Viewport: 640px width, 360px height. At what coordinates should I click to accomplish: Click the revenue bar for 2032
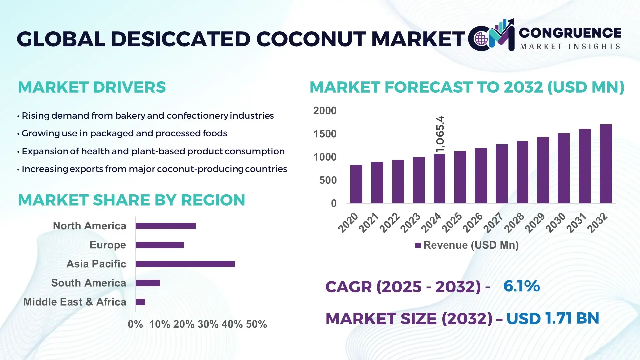(x=605, y=164)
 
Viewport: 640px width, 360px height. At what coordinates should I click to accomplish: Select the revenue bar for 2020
(x=356, y=184)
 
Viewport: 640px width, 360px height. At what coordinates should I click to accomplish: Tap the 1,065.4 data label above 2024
(x=440, y=134)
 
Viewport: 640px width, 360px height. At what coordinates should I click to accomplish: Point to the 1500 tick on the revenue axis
(x=325, y=134)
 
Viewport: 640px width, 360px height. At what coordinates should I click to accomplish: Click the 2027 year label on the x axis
(x=493, y=223)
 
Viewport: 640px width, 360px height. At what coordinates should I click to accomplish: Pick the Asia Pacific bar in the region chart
(x=185, y=264)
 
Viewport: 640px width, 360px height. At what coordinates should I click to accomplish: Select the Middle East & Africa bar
(x=140, y=302)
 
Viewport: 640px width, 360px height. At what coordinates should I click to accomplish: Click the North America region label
(x=89, y=226)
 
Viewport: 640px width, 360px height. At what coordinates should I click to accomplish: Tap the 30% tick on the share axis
(x=208, y=324)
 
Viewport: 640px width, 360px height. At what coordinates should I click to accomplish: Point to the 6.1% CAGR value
(x=521, y=286)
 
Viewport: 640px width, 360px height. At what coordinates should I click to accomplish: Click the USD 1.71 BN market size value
(x=553, y=318)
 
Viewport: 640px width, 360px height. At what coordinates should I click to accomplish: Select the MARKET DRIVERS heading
(x=92, y=87)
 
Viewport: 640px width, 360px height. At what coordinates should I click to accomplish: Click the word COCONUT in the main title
(x=311, y=39)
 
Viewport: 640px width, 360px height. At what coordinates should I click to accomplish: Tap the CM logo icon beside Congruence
(x=491, y=36)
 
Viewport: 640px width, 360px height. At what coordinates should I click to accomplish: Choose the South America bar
(x=148, y=283)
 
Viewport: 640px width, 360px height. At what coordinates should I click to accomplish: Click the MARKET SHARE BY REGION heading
(x=131, y=200)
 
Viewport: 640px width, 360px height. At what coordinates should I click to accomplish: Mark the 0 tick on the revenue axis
(x=334, y=203)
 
